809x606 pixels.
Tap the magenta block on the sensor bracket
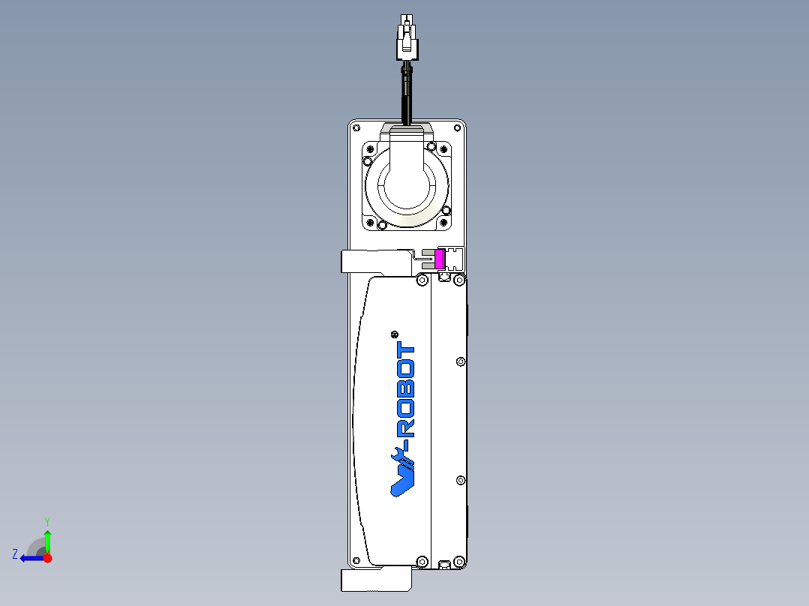coord(439,259)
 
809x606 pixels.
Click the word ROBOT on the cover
coord(405,391)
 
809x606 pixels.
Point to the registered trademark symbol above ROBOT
coord(395,334)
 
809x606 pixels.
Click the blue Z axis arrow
coord(32,558)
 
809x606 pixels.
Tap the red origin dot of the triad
coord(47,558)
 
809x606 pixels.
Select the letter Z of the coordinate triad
coord(15,554)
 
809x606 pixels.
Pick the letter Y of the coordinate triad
coord(47,520)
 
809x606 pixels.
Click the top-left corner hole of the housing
coord(356,127)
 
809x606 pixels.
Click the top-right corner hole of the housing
coord(459,127)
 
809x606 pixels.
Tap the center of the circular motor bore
coord(406,184)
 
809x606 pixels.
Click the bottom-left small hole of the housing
coord(356,560)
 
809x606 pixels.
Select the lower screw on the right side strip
coord(460,480)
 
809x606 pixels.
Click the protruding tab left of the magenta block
coord(375,262)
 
